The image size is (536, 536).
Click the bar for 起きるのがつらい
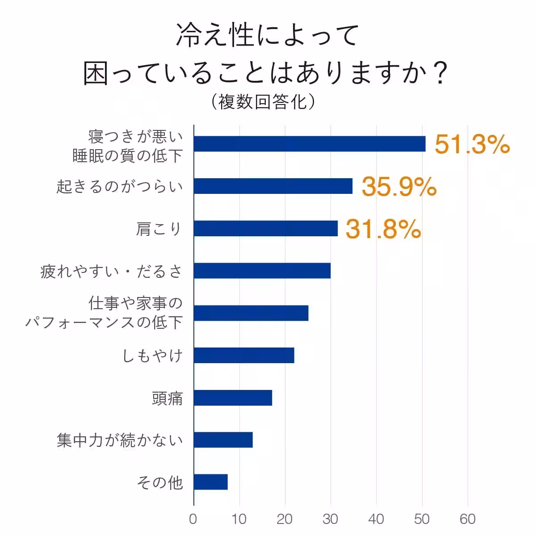273,186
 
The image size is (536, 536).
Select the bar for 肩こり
266,228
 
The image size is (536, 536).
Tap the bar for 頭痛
233,398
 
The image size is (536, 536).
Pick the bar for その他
211,482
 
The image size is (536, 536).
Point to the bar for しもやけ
244,355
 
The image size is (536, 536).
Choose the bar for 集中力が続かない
223,440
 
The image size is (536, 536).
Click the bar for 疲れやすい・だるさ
262,271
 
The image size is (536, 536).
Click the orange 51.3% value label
472,144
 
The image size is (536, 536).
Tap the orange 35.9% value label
399,187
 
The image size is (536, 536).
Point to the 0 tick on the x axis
193,519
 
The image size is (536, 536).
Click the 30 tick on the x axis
331,519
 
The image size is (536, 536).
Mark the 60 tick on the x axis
468,519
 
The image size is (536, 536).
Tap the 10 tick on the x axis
239,519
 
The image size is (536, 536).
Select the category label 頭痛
167,398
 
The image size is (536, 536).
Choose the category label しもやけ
153,356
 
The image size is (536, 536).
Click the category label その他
160,482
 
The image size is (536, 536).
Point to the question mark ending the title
440,73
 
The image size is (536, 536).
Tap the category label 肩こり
159,229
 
